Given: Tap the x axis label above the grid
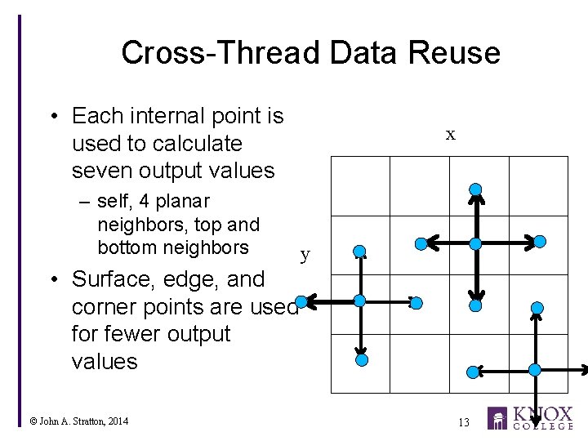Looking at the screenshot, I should coord(450,136).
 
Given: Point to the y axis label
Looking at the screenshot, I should coord(305,254).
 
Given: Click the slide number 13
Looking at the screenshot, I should coord(463,422).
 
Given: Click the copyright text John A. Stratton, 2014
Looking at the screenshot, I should coord(78,421).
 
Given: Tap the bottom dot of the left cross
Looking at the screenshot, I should coord(362,359).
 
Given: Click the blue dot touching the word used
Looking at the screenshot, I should coord(301,302).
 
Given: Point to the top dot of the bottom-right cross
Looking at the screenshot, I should coord(537,308).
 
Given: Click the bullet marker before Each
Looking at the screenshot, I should coord(53,117).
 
